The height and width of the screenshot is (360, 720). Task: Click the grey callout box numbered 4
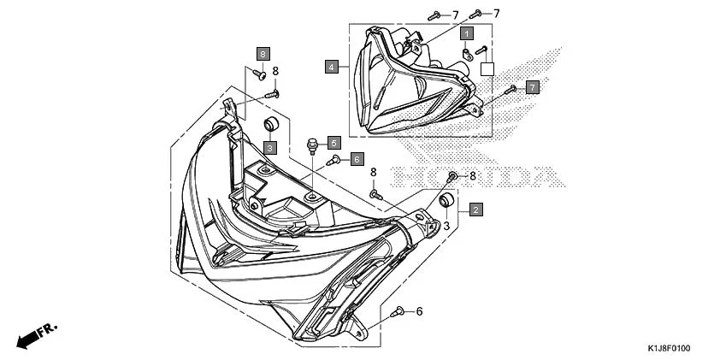point(331,66)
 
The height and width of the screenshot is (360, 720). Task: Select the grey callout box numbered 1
point(467,34)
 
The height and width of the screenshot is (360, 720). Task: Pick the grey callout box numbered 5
point(334,143)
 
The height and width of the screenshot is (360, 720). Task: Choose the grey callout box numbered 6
point(357,158)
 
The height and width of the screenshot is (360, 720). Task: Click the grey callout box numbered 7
point(532,87)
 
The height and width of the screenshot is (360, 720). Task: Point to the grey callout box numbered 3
point(269,148)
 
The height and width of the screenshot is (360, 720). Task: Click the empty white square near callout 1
point(487,69)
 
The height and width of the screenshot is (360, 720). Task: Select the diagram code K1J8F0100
point(667,349)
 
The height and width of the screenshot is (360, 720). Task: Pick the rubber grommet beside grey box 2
point(446,201)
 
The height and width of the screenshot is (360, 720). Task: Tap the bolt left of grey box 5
point(312,143)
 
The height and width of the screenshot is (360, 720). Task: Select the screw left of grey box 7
point(510,88)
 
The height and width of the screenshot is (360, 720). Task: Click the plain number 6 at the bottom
point(419,311)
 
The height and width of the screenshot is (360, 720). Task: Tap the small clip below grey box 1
point(467,54)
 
